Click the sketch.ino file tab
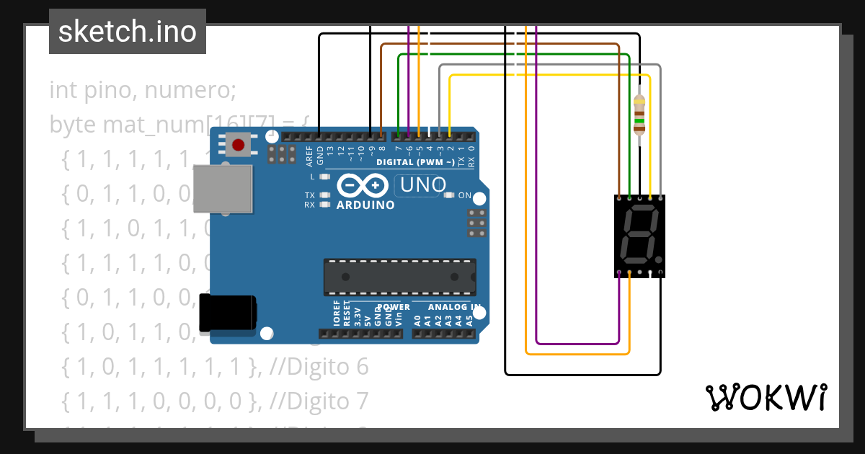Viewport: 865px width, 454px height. tap(127, 32)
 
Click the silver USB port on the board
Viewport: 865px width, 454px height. tap(223, 189)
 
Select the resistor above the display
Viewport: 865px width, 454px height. tap(639, 115)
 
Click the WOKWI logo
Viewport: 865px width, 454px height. tap(765, 397)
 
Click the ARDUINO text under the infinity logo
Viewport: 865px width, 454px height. tap(365, 205)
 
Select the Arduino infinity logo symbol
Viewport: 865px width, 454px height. tap(364, 186)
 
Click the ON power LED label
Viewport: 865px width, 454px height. tap(464, 195)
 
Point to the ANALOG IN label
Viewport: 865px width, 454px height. tap(454, 307)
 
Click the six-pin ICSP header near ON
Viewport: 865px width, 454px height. tap(475, 223)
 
